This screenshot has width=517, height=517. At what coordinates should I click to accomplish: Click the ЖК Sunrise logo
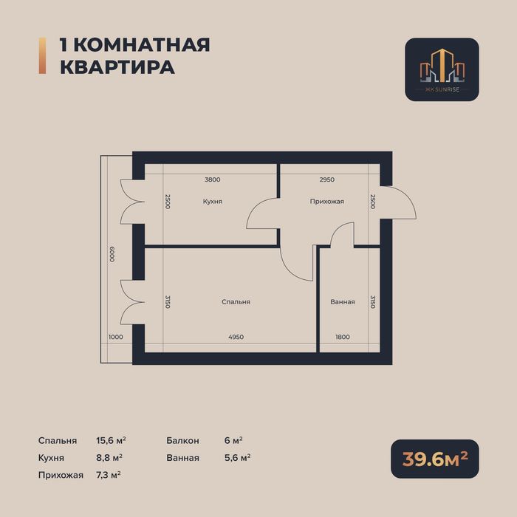tap(442, 69)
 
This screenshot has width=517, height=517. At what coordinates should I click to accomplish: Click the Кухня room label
tap(213, 202)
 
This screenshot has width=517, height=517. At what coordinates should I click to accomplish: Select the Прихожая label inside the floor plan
tap(326, 202)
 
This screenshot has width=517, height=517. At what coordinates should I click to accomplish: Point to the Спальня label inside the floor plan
tap(236, 301)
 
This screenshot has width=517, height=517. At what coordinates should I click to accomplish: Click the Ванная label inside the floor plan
tap(343, 301)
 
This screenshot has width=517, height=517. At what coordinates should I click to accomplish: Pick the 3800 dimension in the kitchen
tap(213, 179)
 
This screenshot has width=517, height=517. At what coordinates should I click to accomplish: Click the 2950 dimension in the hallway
tap(327, 179)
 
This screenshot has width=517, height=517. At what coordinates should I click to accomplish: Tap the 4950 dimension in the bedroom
tap(235, 337)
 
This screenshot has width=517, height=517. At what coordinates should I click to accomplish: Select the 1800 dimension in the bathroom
tap(342, 337)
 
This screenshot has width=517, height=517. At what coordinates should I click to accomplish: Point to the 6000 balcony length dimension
tap(112, 255)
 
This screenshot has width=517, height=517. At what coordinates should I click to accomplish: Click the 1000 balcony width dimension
tap(115, 337)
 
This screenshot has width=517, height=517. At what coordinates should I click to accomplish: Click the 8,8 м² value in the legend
tap(109, 457)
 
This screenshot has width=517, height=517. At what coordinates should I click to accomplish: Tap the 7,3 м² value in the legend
tap(109, 474)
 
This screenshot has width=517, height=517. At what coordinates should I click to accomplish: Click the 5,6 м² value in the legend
tap(237, 457)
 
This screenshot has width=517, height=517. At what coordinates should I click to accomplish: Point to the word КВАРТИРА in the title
tap(117, 66)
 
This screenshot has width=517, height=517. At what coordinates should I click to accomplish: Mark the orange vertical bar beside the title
tap(42, 55)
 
